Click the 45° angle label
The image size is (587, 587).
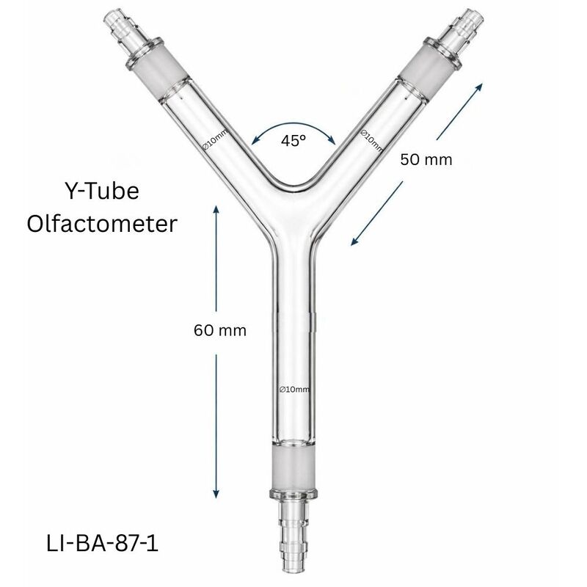293,141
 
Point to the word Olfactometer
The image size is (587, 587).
102,223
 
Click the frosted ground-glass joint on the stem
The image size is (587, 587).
293,470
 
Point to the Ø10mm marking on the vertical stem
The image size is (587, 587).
294,389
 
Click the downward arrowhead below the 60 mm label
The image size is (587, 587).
217,493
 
